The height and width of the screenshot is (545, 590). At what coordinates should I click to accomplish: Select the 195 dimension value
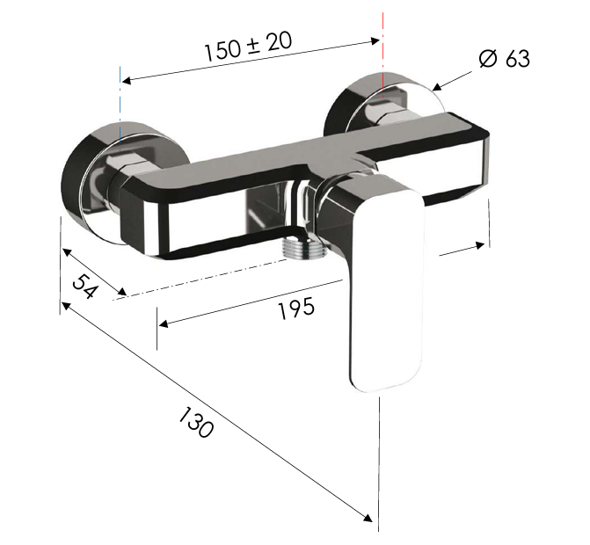click(x=295, y=307)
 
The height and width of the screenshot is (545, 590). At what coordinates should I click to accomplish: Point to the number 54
click(x=84, y=287)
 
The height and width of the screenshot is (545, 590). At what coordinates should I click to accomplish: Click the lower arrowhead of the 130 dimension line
click(x=368, y=518)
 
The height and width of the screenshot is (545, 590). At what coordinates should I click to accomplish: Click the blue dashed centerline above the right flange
click(x=384, y=44)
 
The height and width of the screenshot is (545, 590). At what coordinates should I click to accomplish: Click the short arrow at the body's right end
click(x=462, y=249)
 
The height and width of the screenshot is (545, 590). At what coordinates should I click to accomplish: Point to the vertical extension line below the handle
click(x=379, y=457)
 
